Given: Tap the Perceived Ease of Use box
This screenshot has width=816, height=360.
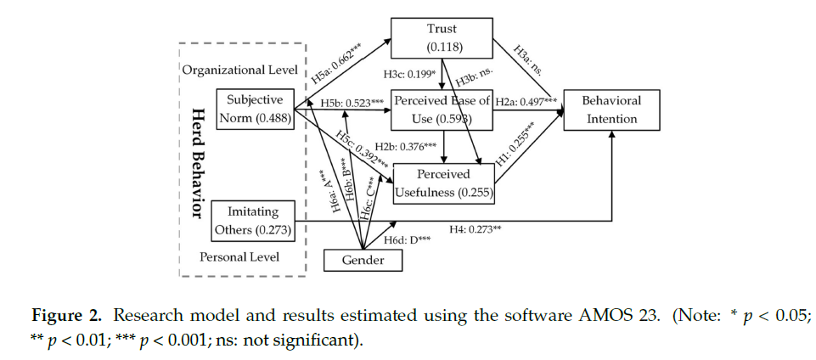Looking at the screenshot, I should point(441,109).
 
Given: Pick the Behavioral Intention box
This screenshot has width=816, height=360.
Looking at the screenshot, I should point(611,110).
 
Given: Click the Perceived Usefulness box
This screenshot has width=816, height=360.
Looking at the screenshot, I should point(443,183).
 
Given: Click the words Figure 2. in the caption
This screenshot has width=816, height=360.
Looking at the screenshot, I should point(58,318).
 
